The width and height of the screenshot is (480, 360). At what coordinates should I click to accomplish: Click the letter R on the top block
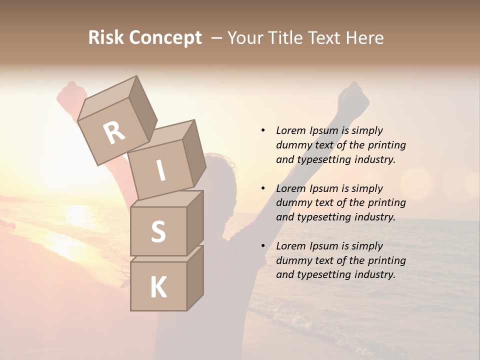click(114, 132)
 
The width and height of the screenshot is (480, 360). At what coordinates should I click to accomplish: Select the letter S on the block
click(158, 231)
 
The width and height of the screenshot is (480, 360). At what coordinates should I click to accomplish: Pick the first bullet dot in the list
click(263, 130)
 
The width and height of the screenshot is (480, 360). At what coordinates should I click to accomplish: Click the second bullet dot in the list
click(263, 188)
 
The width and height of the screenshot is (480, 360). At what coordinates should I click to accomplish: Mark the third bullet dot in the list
click(263, 246)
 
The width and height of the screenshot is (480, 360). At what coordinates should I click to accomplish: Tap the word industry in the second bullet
click(375, 217)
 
